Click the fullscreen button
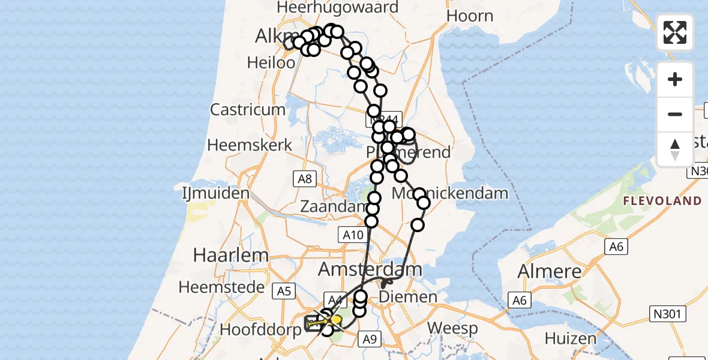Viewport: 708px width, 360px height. (x=675, y=32)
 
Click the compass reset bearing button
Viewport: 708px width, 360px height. (x=675, y=149)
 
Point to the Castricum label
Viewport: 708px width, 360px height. (x=247, y=110)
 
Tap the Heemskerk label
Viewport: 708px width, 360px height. (x=250, y=145)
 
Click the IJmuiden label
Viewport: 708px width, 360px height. (x=215, y=193)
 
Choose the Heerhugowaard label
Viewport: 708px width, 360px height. (x=338, y=8)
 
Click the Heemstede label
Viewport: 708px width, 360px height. (x=221, y=287)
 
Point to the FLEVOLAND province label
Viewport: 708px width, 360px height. (x=662, y=201)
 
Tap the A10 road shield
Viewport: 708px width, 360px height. (x=353, y=235)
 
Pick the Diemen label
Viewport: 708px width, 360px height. (x=409, y=297)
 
